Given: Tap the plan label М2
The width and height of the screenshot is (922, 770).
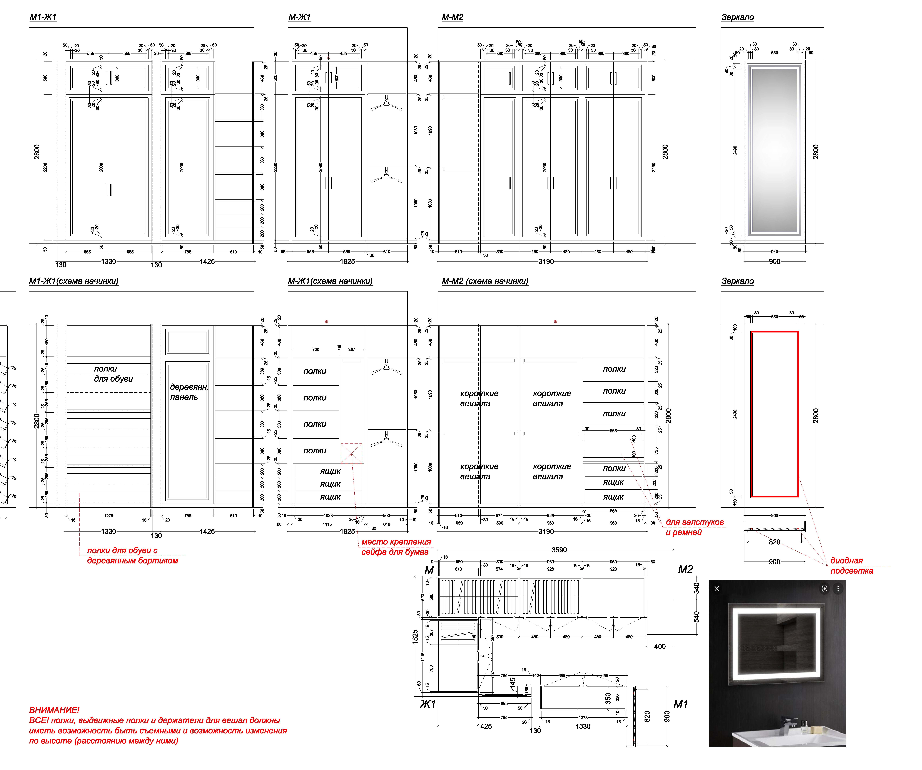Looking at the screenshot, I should (x=685, y=569).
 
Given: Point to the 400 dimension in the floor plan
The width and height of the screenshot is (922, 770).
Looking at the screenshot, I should (x=659, y=646).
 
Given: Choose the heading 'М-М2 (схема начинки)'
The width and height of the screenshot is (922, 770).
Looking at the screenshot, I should (x=485, y=281).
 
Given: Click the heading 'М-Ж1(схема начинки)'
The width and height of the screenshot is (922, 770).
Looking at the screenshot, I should (x=330, y=281).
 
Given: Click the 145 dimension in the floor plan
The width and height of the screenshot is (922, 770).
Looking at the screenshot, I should (x=512, y=683).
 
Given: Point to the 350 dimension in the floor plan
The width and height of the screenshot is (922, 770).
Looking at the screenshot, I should (x=608, y=698).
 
